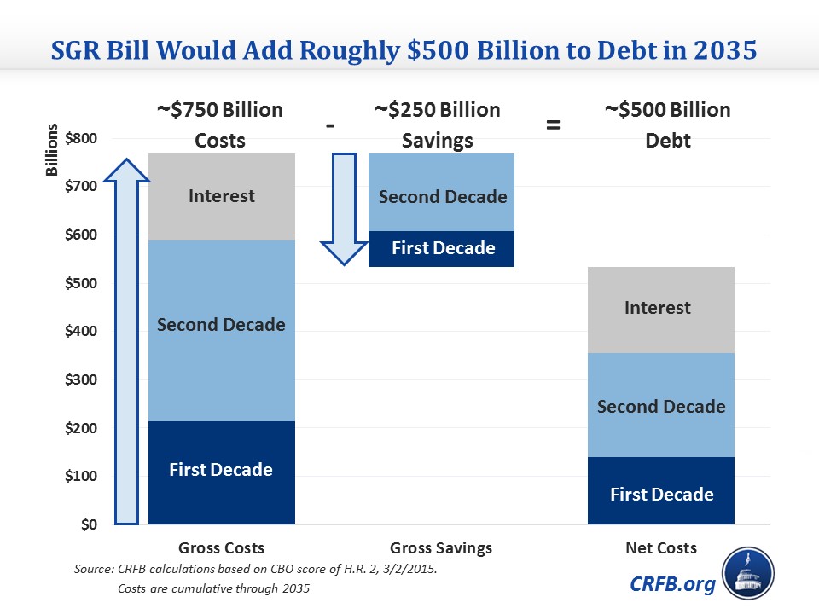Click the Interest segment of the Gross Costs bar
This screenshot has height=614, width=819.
click(x=221, y=196)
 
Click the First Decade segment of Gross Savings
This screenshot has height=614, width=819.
click(x=442, y=249)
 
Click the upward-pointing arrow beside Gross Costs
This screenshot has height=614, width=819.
click(x=126, y=341)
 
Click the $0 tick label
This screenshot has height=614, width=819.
click(x=89, y=524)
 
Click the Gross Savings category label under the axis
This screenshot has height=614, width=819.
click(x=441, y=548)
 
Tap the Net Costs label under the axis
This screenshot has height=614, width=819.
click(x=661, y=548)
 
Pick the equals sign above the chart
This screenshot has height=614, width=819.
click(x=553, y=126)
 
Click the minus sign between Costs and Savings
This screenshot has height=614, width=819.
click(x=329, y=125)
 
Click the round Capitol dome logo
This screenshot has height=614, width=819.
click(x=748, y=574)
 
